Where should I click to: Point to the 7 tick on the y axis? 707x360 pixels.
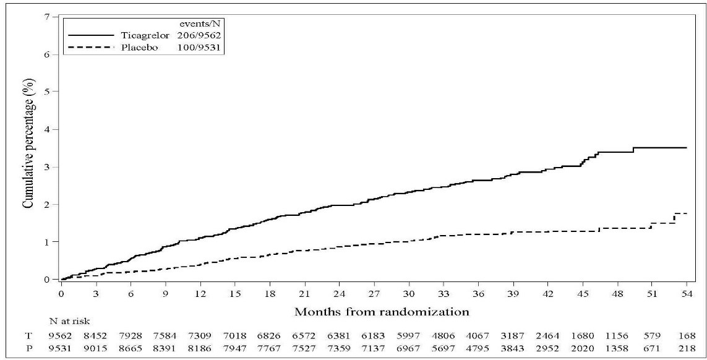(x=46, y=16)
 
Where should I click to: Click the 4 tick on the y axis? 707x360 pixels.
(x=46, y=129)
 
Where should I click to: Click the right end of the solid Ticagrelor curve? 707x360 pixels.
(x=687, y=148)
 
